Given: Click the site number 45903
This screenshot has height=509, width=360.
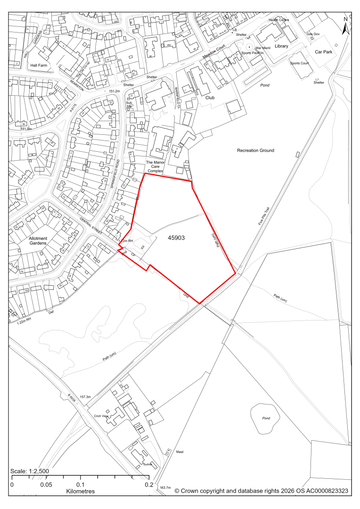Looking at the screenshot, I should click(x=176, y=238).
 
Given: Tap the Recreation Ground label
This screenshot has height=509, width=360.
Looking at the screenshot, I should click(x=255, y=150).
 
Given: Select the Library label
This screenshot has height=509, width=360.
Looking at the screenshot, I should click(x=281, y=46).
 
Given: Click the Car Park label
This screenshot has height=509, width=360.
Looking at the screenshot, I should click(x=325, y=52).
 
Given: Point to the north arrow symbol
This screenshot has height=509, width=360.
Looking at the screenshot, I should click(x=345, y=26).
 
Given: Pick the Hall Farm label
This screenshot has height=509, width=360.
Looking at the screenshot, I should click(x=39, y=66).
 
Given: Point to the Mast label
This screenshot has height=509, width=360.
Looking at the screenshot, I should click(x=180, y=452).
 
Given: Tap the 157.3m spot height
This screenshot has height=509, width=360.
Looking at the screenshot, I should click(x=85, y=397).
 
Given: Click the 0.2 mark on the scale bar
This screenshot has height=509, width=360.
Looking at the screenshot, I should click(x=148, y=485).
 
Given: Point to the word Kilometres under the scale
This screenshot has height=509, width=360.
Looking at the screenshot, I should click(x=80, y=491).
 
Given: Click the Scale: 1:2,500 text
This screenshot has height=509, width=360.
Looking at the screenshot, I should click(x=30, y=471).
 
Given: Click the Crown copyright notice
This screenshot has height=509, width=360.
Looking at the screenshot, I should click(x=262, y=491).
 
